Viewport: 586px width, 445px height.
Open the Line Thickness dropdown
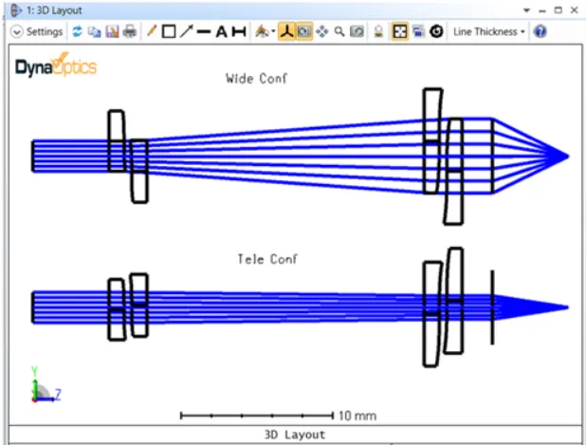click(489, 31)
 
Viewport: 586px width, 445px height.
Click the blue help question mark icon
click(540, 31)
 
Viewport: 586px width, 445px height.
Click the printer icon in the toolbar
click(129, 31)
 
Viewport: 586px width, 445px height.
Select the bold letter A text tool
click(221, 31)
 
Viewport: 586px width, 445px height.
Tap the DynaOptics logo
click(56, 66)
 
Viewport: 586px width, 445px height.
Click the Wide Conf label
click(256, 78)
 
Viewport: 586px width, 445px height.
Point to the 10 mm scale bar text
click(357, 416)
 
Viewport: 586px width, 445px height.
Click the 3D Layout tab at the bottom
click(294, 435)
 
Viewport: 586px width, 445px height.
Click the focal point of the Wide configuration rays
click(567, 156)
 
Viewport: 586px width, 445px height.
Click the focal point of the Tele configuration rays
click(567, 306)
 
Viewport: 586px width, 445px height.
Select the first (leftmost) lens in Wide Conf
click(116, 140)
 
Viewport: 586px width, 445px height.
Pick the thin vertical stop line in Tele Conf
click(492, 306)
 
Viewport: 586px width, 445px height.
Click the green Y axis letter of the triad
click(34, 370)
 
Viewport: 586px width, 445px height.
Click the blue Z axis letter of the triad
click(58, 391)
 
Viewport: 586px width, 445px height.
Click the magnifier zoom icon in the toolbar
click(339, 31)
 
